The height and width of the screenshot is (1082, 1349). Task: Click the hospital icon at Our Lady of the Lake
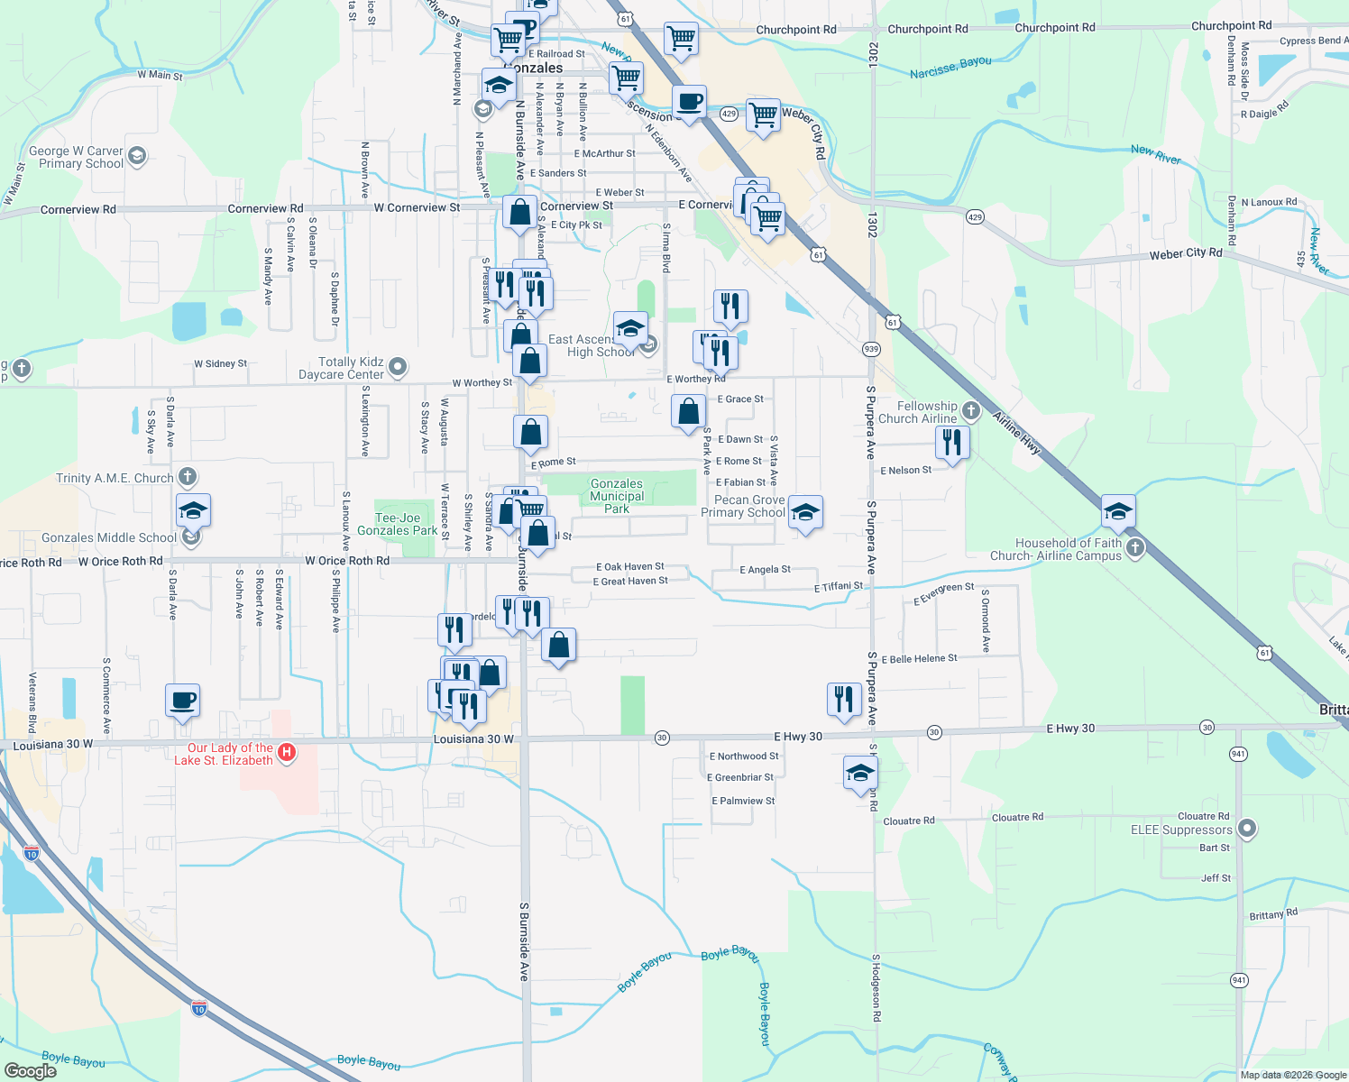pyautogui.click(x=287, y=752)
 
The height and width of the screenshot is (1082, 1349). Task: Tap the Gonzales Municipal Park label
pyautogui.click(x=617, y=496)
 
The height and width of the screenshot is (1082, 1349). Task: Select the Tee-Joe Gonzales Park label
pyautogui.click(x=398, y=524)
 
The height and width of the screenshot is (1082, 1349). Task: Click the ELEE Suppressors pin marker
pyautogui.click(x=1247, y=828)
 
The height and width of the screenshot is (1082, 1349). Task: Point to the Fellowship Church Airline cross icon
pyautogui.click(x=970, y=411)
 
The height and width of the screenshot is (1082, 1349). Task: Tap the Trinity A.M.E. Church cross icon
pyautogui.click(x=187, y=476)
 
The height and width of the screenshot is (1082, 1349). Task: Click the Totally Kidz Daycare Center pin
pyautogui.click(x=399, y=367)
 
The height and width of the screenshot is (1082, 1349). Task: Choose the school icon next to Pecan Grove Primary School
pyautogui.click(x=805, y=513)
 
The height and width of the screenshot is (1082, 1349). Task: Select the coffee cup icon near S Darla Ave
pyautogui.click(x=182, y=701)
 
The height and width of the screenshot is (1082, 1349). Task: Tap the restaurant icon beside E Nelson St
pyautogui.click(x=951, y=443)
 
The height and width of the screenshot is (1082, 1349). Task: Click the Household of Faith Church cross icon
pyautogui.click(x=1135, y=547)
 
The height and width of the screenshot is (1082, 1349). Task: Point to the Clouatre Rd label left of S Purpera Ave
pyautogui.click(x=908, y=821)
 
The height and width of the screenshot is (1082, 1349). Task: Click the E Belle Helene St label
pyautogui.click(x=919, y=659)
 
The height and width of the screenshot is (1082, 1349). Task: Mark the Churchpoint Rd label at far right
pyautogui.click(x=1231, y=26)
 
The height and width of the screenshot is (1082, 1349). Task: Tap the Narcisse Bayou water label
pyautogui.click(x=950, y=67)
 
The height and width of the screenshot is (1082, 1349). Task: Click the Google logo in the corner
pyautogui.click(x=30, y=1070)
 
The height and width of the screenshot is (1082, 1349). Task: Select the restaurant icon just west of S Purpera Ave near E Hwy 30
pyautogui.click(x=844, y=700)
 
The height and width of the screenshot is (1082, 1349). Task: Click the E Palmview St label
pyautogui.click(x=743, y=801)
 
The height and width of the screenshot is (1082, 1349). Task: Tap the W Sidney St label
pyautogui.click(x=220, y=363)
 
